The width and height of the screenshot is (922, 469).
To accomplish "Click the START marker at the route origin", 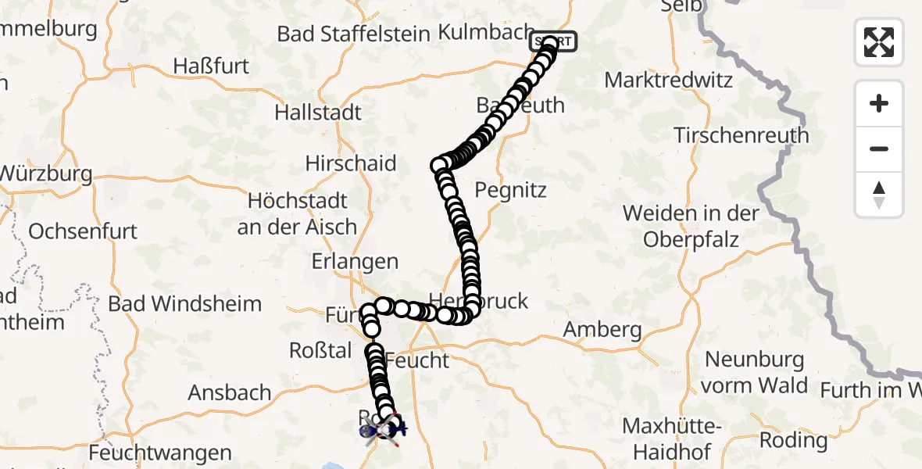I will [x=553, y=41].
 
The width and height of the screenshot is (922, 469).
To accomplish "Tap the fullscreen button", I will [x=879, y=42].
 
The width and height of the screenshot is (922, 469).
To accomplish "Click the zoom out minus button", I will [x=879, y=149].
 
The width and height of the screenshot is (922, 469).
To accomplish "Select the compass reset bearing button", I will [x=879, y=195].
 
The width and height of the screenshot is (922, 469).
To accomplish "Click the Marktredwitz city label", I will [x=668, y=80].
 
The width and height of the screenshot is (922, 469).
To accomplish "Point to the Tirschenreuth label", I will [x=741, y=135].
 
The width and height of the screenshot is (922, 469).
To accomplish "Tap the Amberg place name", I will [x=602, y=330].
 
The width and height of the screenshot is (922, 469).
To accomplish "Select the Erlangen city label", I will [x=355, y=262].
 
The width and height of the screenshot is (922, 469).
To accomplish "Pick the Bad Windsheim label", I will [x=185, y=303].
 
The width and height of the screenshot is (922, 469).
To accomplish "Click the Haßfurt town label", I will [x=212, y=65].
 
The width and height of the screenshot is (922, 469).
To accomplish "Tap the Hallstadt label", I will [x=318, y=113].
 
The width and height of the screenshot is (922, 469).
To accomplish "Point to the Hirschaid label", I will [x=351, y=163].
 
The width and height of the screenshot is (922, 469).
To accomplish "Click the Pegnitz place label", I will [x=511, y=190].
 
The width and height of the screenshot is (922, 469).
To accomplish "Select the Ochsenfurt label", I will [x=83, y=231].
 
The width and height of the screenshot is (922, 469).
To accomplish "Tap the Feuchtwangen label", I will [x=160, y=453].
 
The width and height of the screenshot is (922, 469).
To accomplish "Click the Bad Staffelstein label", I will [x=353, y=34].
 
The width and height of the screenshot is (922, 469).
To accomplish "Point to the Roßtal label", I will [x=320, y=351].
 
